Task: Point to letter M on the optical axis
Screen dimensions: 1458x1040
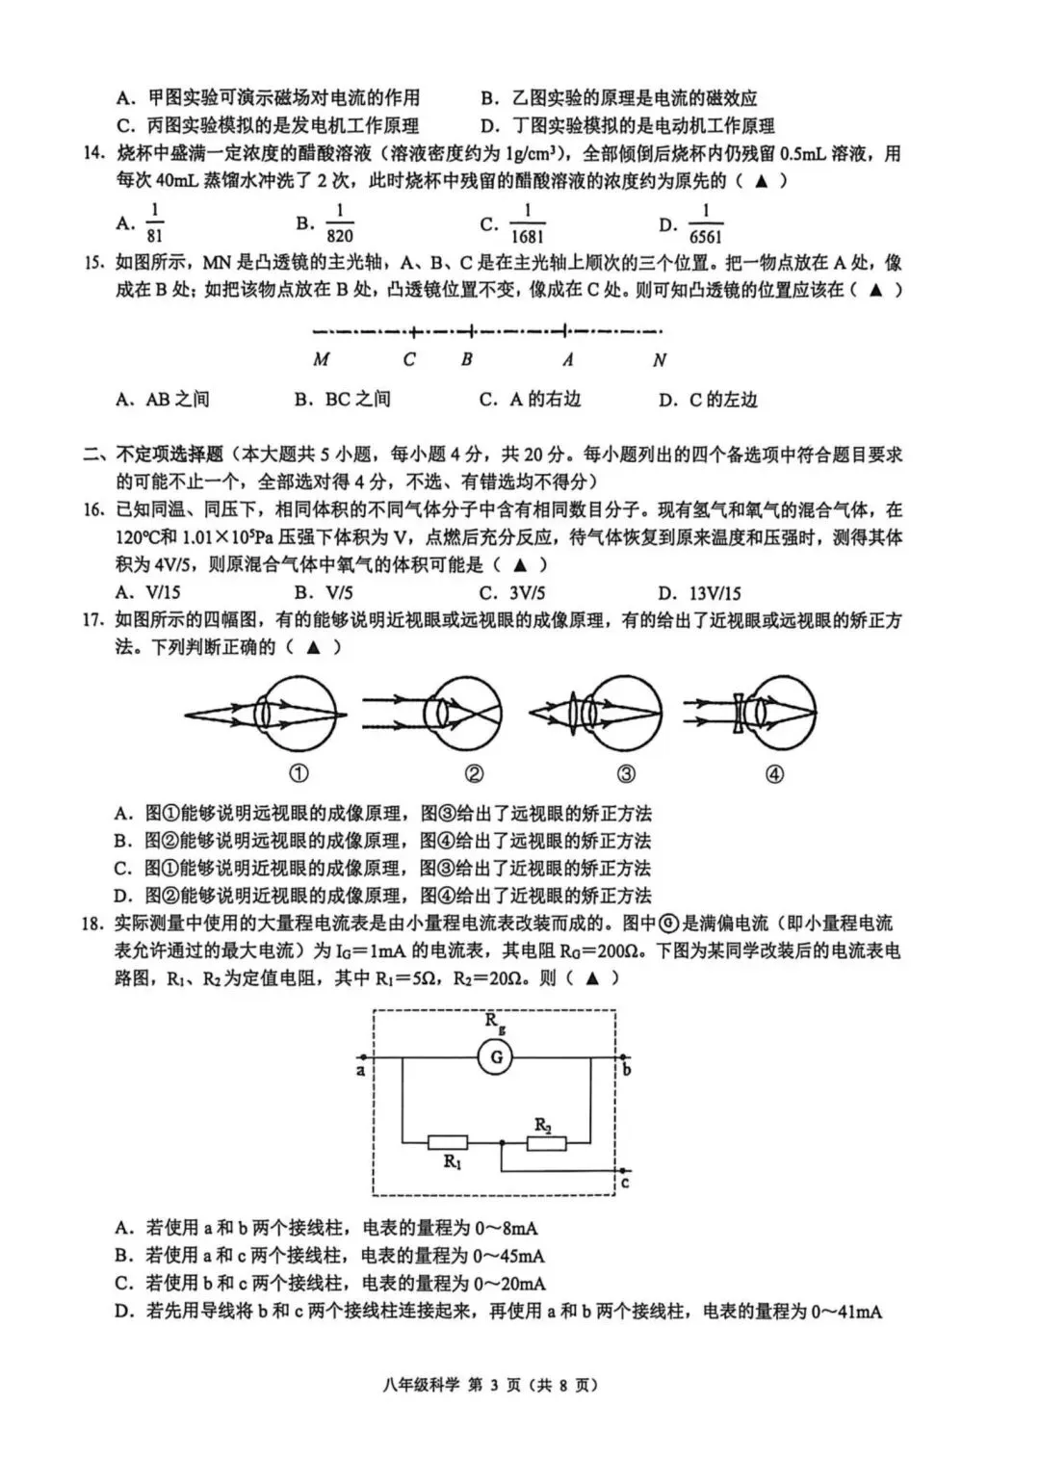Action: pos(322,360)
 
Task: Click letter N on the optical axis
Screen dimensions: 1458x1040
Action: pos(660,360)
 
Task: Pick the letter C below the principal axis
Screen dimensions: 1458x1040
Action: pos(410,360)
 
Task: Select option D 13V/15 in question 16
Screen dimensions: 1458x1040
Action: pos(700,593)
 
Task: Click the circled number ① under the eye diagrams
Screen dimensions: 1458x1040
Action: pos(299,773)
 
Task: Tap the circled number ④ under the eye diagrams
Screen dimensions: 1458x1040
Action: pos(774,773)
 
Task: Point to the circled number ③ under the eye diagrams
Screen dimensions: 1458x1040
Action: pos(626,773)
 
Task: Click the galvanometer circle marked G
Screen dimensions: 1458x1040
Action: pos(497,1057)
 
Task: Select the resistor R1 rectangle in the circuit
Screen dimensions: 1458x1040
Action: pos(448,1143)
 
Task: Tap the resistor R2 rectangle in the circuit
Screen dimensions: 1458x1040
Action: pos(546,1143)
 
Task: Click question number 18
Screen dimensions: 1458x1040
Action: pos(92,924)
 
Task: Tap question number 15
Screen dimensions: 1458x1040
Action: pos(92,263)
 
